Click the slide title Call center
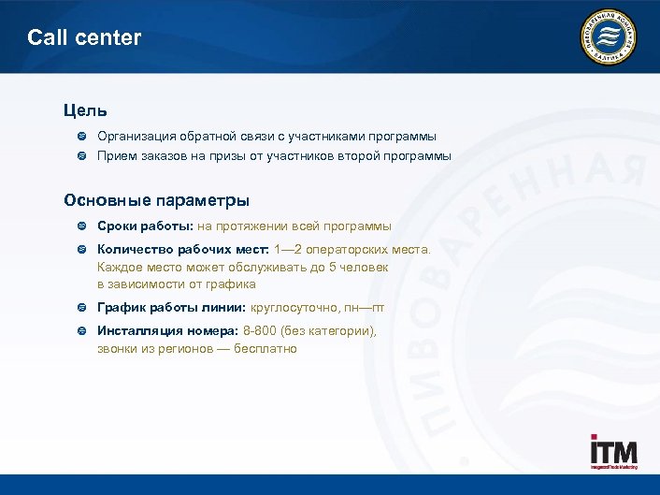pos(84,38)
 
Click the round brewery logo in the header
pos(609,37)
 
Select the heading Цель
pos(85,111)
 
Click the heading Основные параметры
pos(156,200)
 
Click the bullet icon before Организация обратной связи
pos(81,137)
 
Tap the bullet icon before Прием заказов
pos(81,156)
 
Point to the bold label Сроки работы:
pos(145,226)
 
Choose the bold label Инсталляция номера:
pos(168,331)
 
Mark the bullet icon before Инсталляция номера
pos(81,331)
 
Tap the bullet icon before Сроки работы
pos(81,226)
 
